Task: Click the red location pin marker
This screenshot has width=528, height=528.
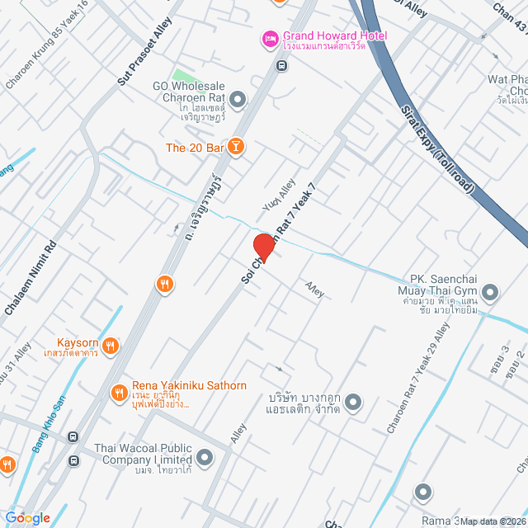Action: [x=264, y=247]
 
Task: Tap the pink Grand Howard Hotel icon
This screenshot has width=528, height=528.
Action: [x=270, y=37]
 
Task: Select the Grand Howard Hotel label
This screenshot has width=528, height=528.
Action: [x=334, y=35]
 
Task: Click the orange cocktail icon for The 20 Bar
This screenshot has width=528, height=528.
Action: [x=237, y=147]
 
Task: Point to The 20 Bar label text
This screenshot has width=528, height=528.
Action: [x=196, y=148]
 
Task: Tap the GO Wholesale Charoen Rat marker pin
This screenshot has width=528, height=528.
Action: [x=238, y=100]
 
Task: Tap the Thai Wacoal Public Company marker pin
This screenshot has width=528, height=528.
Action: [x=205, y=455]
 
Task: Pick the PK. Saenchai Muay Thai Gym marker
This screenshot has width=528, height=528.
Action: [x=491, y=292]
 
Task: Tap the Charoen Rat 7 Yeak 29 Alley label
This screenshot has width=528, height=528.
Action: [x=419, y=378]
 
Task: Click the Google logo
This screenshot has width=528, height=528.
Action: [x=27, y=518]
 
